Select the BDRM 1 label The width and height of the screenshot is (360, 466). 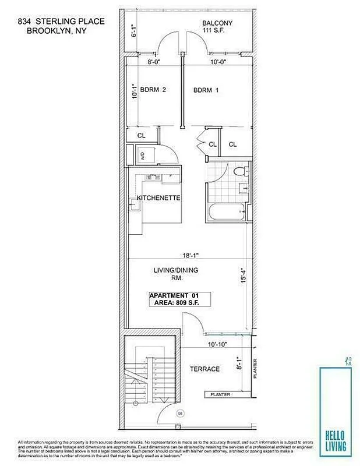[206, 90]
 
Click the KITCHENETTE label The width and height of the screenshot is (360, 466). [158, 199]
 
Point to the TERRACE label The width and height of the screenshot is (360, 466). [204, 369]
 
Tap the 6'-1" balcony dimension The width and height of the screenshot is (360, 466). [133, 30]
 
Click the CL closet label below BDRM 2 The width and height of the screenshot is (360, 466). [141, 136]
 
